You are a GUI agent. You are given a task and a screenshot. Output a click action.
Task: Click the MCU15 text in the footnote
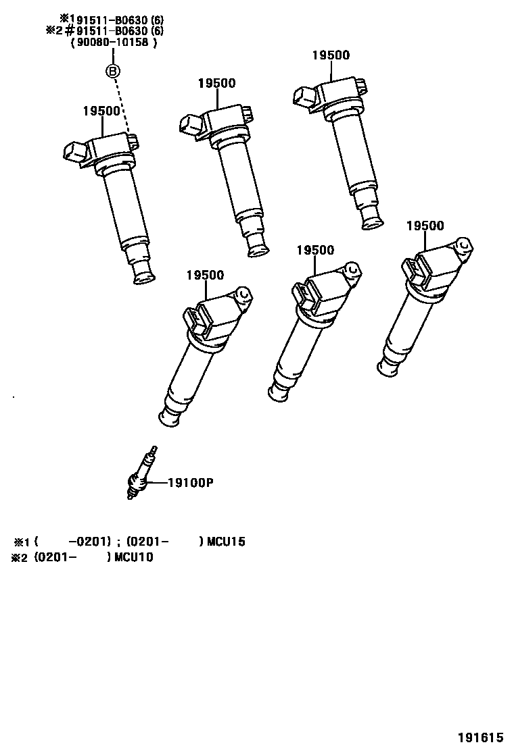pos(226,542)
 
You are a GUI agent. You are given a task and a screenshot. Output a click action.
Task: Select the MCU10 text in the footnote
pos(134,557)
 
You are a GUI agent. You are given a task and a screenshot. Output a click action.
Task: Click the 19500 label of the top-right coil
pos(331,55)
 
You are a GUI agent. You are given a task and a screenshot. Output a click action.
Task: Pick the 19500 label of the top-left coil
pos(101,111)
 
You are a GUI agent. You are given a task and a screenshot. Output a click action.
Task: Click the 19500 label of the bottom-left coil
pos(204,275)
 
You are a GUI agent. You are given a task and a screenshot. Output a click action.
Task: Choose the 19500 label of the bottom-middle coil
pos(315,250)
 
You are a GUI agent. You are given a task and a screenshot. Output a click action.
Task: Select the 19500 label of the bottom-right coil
pos(425,226)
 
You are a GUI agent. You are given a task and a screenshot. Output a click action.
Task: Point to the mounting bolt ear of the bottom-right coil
pos(463,244)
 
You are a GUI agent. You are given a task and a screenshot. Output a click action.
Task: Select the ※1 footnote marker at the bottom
pos(22,542)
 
